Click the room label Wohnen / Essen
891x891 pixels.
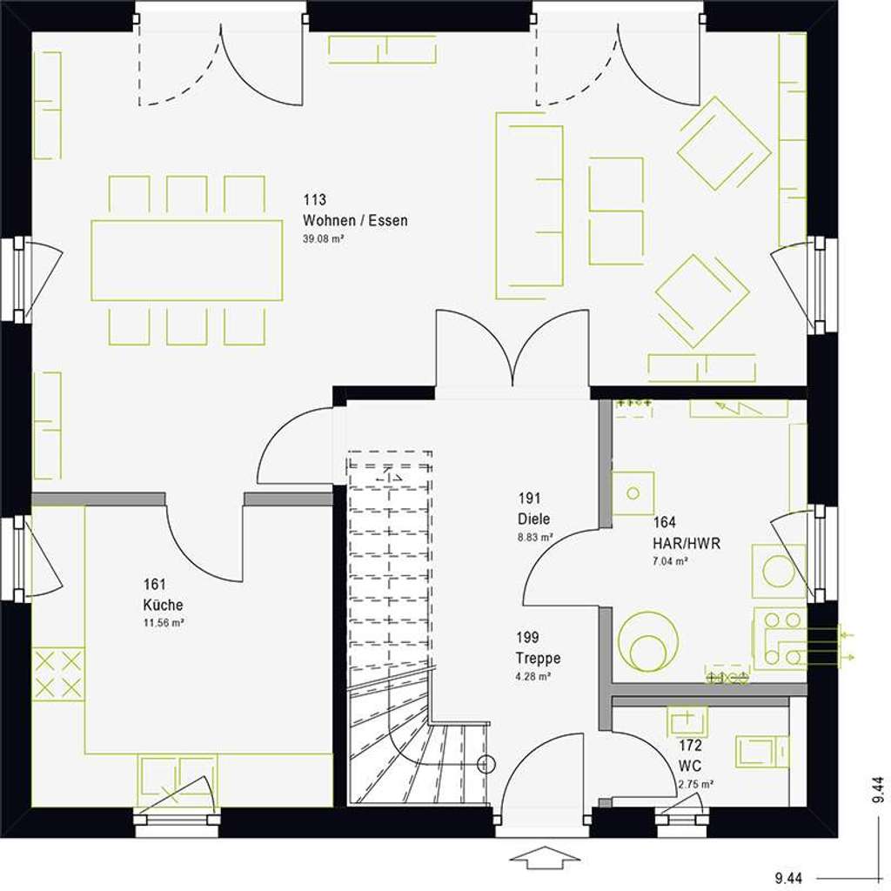point(355,220)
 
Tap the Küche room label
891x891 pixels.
point(164,605)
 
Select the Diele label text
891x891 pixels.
point(533,519)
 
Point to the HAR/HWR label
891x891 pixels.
point(687,544)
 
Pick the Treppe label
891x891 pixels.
point(537,658)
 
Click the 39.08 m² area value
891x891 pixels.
point(324,238)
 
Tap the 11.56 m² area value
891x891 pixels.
point(164,623)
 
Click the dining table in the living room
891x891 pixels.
point(186,260)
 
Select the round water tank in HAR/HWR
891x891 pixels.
point(647,642)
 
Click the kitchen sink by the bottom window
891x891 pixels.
point(178,780)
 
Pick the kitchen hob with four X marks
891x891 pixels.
point(59,673)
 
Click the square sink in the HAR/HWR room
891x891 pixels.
point(633,494)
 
